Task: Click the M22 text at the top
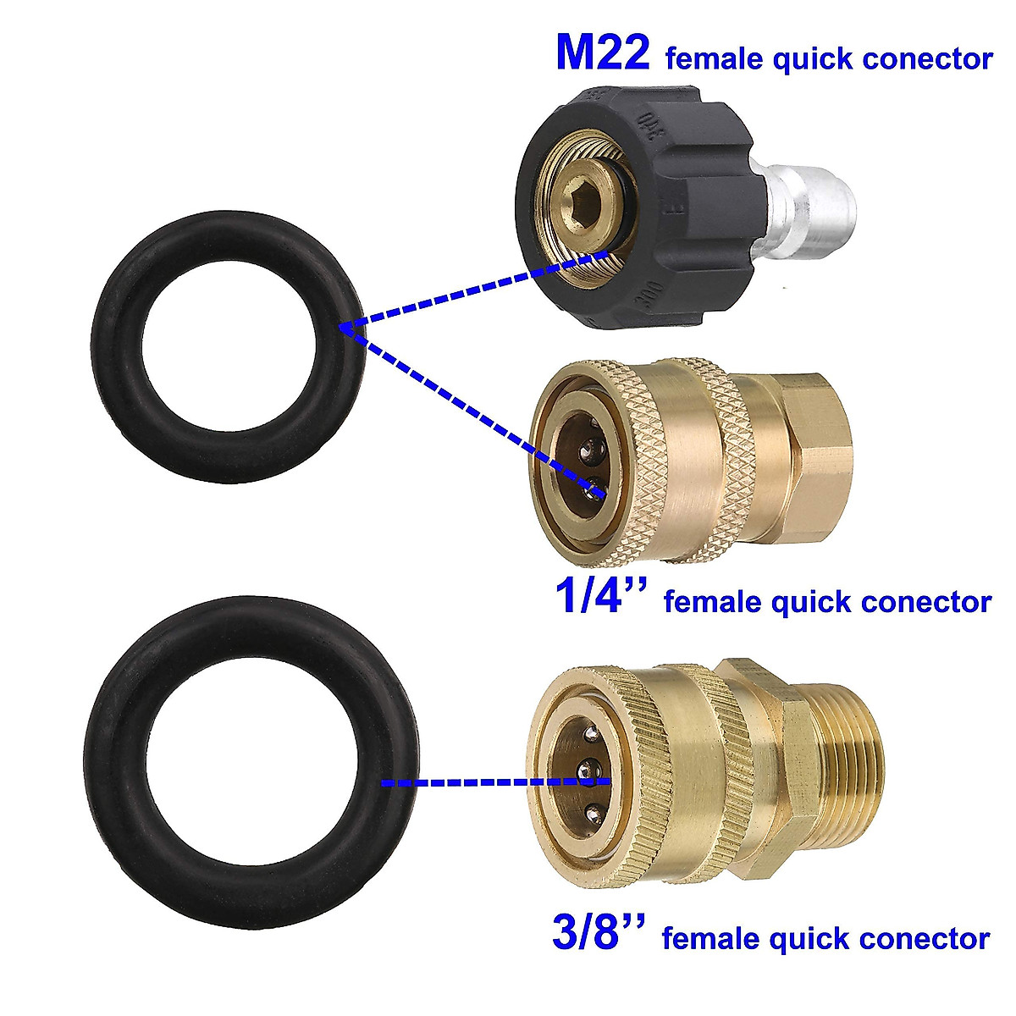point(602,53)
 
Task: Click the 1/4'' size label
point(600,597)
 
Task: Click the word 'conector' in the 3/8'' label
point(924,939)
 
